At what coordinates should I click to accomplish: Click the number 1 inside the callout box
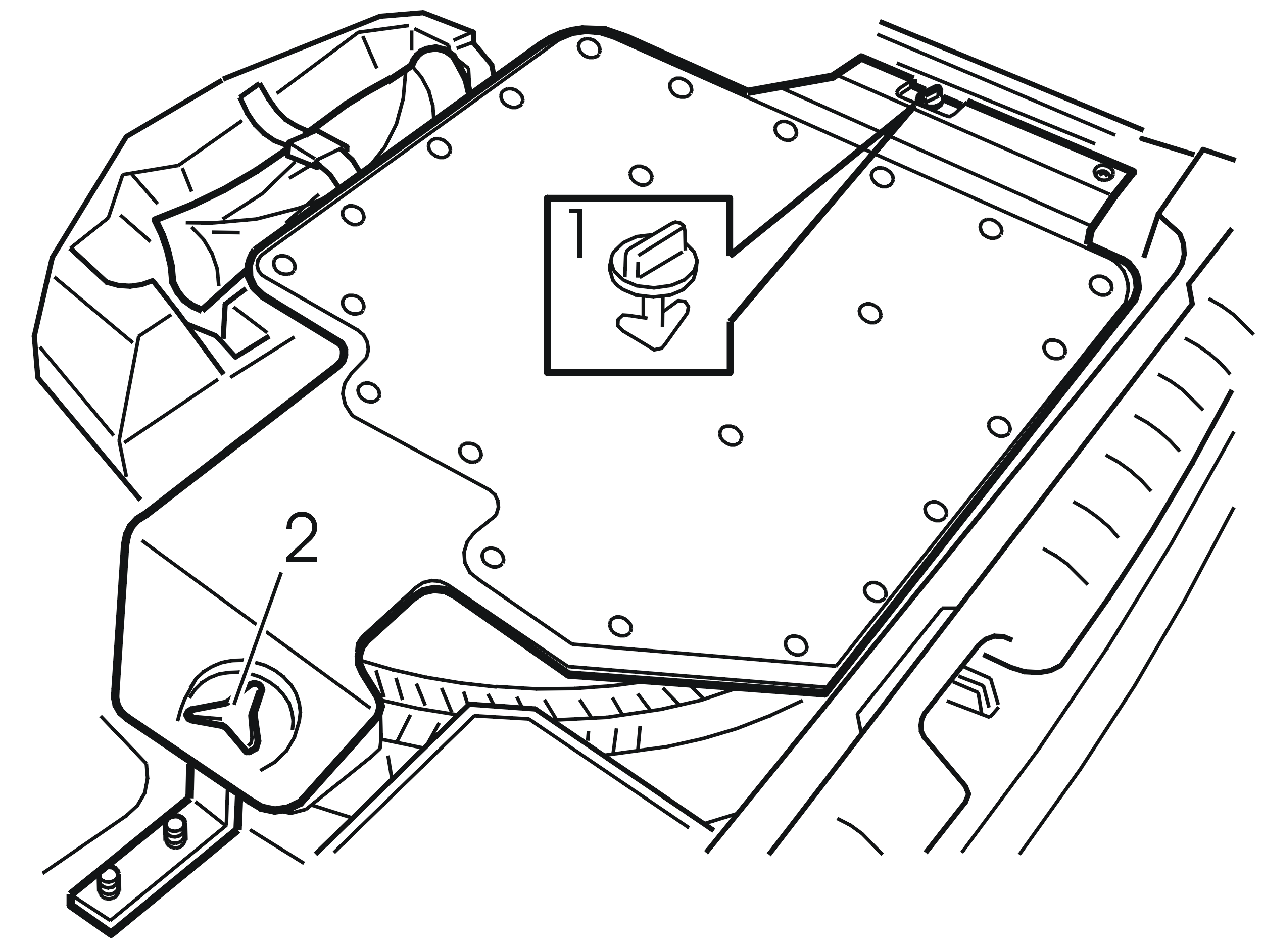(x=577, y=233)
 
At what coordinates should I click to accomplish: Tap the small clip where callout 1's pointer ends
(x=930, y=96)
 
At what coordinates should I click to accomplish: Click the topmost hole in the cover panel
(x=589, y=47)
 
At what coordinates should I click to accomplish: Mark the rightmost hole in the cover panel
(x=1100, y=285)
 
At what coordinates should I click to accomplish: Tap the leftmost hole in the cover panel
(x=284, y=265)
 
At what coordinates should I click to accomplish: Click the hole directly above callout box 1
(x=641, y=175)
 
